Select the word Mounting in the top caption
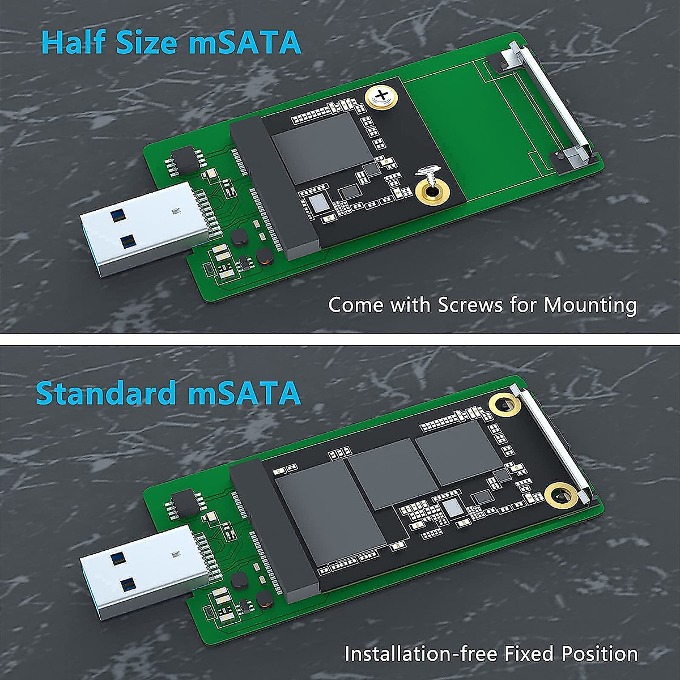(x=590, y=306)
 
